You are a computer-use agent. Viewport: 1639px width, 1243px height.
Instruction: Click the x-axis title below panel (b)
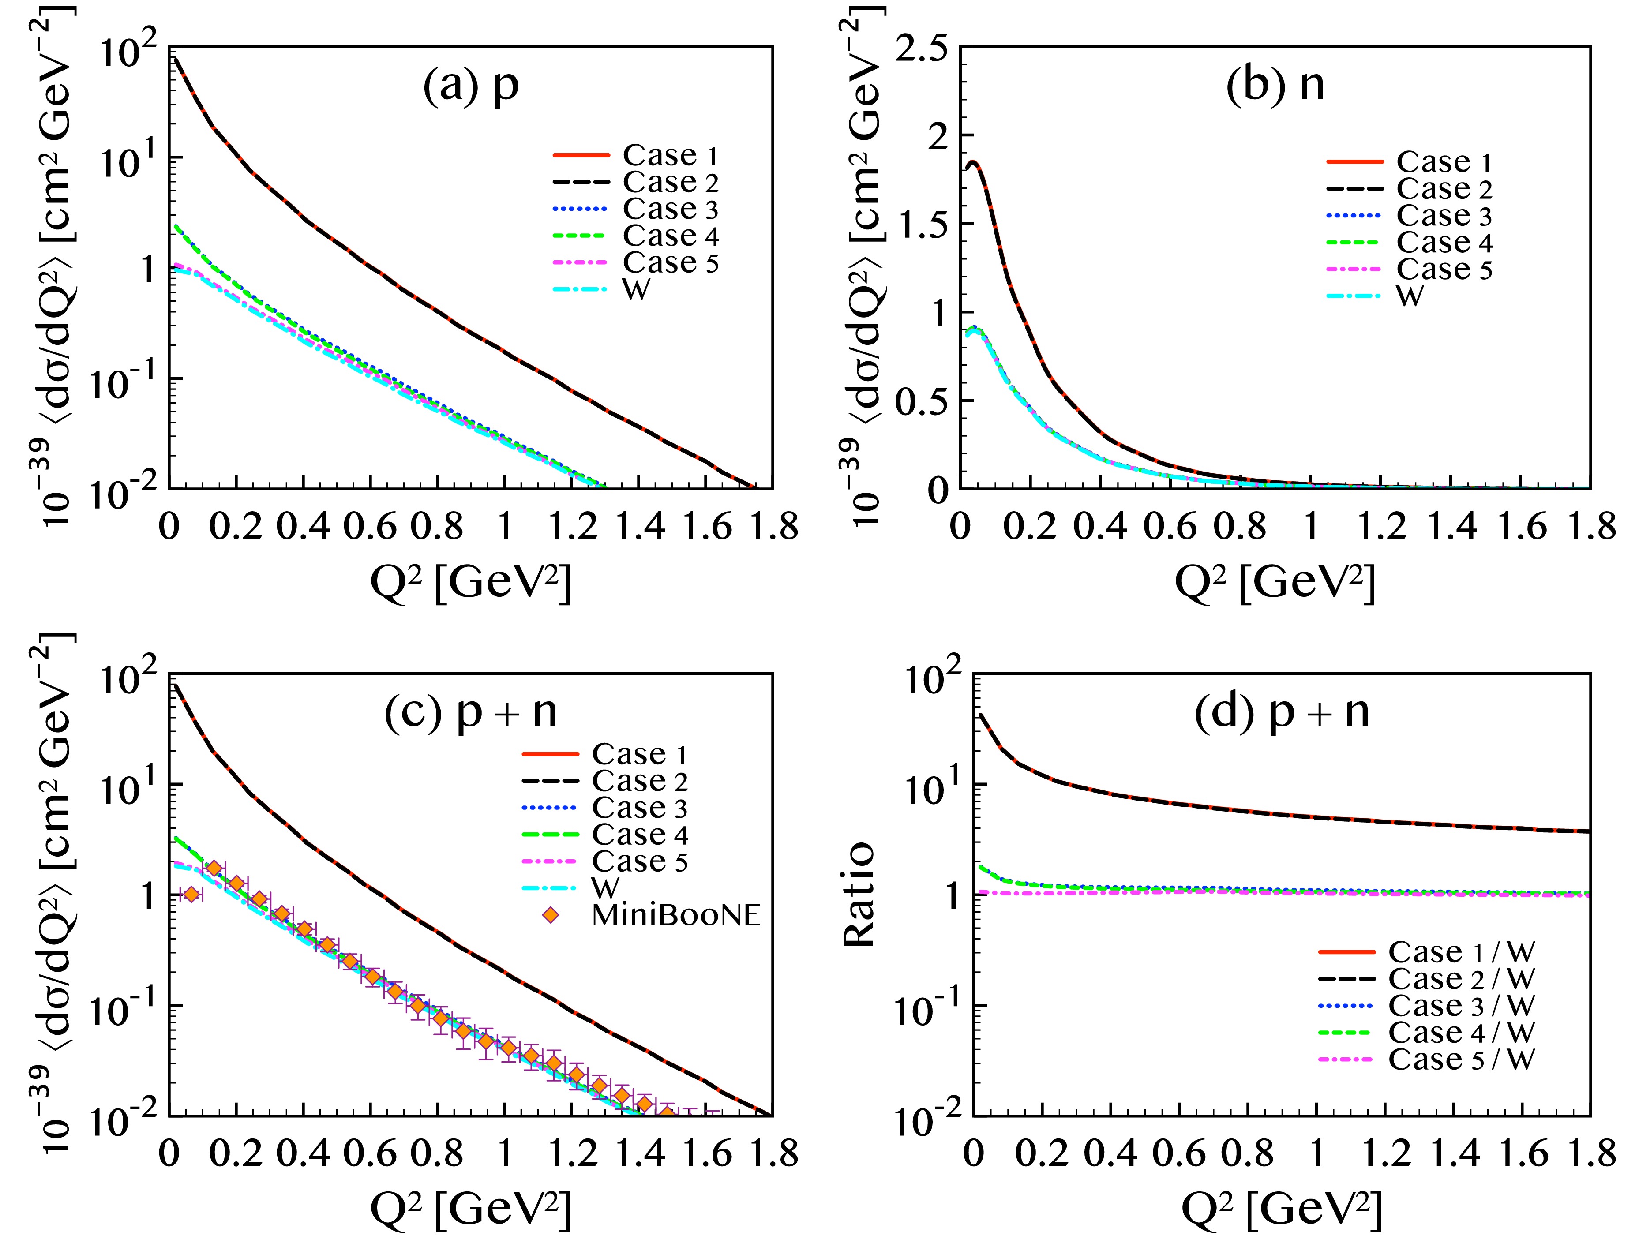1275,583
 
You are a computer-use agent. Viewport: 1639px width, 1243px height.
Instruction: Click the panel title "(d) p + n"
1282,713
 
